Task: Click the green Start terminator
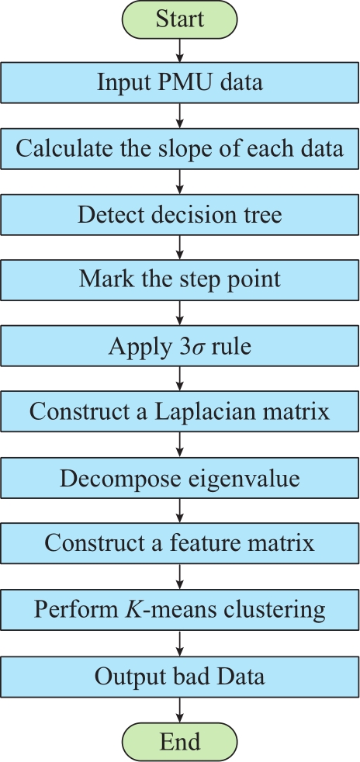(180, 19)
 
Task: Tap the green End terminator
(180, 742)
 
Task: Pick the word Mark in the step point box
(102, 280)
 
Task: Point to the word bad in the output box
(190, 676)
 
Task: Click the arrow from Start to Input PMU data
(180, 50)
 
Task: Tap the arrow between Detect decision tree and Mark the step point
(180, 248)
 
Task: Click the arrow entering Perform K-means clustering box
(180, 577)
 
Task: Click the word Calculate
(57, 149)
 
